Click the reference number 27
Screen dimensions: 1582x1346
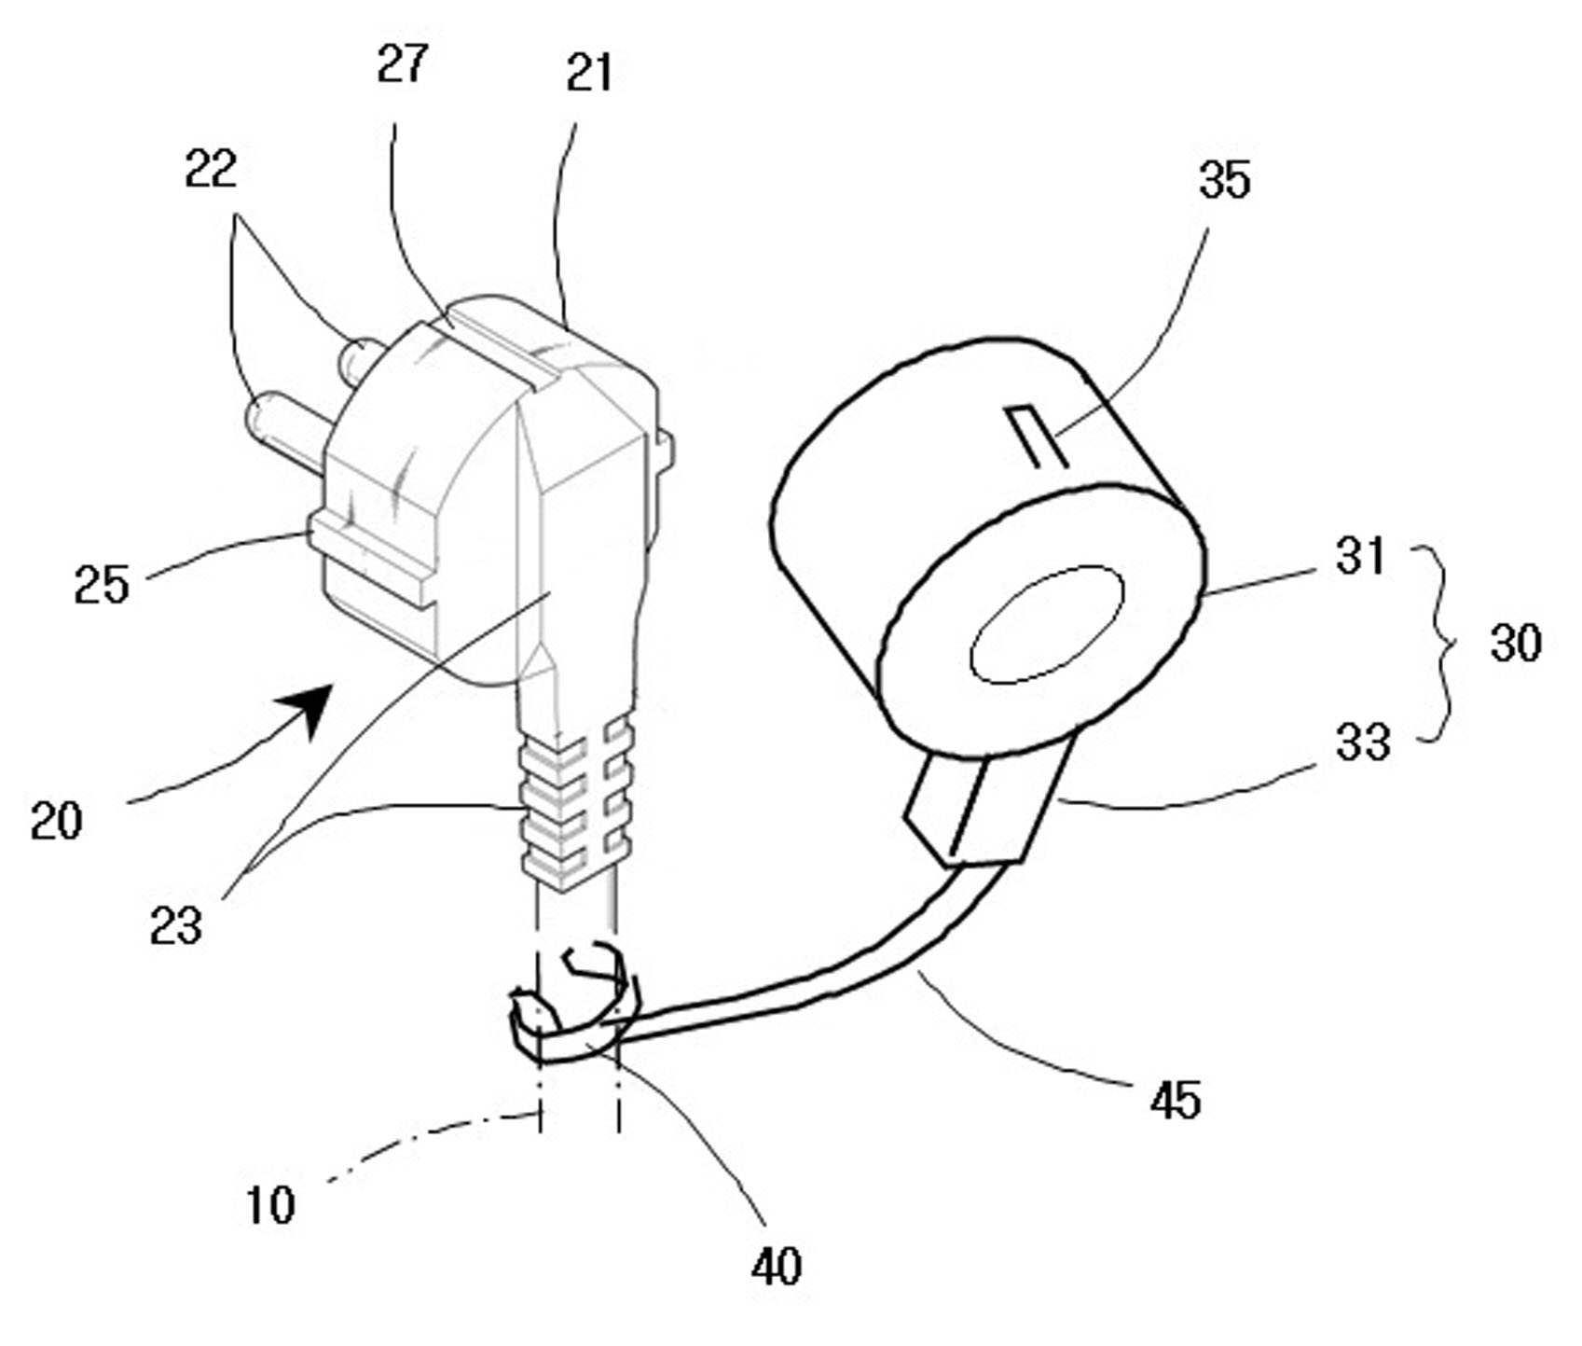pyautogui.click(x=402, y=63)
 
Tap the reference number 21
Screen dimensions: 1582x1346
pyautogui.click(x=589, y=72)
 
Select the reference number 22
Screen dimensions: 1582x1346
pyautogui.click(x=211, y=169)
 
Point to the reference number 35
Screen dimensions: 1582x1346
pyautogui.click(x=1224, y=179)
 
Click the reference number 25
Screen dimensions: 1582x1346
pyautogui.click(x=102, y=585)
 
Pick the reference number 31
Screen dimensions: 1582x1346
pyautogui.click(x=1360, y=556)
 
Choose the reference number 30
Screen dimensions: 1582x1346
pyautogui.click(x=1516, y=643)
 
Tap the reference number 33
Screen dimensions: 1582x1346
pyautogui.click(x=1363, y=743)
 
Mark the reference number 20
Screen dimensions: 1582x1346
pyautogui.click(x=56, y=821)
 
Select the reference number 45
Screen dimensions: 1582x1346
pyautogui.click(x=1176, y=1101)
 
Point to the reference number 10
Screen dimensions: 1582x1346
pyautogui.click(x=270, y=1204)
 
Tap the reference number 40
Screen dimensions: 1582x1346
pyautogui.click(x=776, y=1266)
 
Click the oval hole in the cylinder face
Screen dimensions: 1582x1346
pyautogui.click(x=1047, y=624)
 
